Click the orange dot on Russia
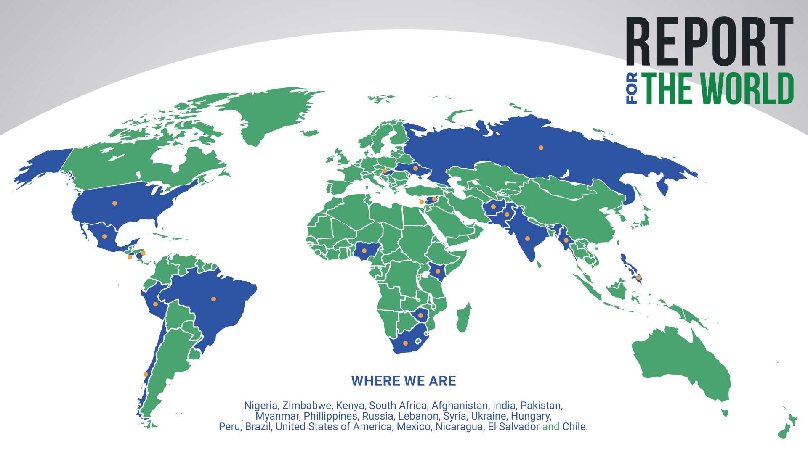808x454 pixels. tap(541, 148)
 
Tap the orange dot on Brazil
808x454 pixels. tap(213, 299)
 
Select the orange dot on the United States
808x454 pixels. tap(114, 203)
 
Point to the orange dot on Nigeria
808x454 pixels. tap(364, 251)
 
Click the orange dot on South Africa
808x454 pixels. tap(405, 343)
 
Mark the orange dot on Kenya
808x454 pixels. tap(438, 272)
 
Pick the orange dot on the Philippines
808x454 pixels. tap(638, 278)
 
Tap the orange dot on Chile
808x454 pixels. tap(146, 375)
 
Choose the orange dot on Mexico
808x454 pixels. tap(104, 237)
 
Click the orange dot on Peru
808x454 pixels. tap(155, 304)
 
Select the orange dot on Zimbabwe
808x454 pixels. tap(420, 316)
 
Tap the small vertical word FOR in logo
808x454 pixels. tap(632, 88)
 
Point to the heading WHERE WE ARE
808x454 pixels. tap(404, 381)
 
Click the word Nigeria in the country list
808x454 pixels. tap(260, 406)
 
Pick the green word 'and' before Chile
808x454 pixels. tap(550, 427)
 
